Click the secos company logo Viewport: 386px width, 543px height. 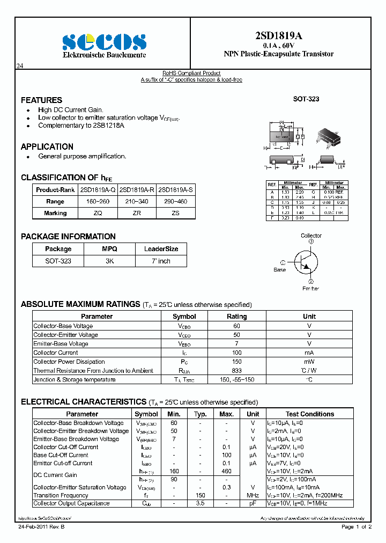point(104,41)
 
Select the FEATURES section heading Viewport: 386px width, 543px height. point(41,100)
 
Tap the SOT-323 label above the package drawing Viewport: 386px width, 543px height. point(306,99)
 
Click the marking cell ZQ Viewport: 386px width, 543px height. point(98,213)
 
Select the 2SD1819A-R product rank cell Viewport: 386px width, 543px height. point(137,189)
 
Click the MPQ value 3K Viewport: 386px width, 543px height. point(109,261)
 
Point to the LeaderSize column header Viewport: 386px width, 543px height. point(161,249)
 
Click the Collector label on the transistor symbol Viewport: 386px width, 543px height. point(311,236)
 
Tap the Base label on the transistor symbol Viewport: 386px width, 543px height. point(280,270)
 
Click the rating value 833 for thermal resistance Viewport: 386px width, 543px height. point(236,371)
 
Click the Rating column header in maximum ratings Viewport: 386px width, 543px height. point(236,317)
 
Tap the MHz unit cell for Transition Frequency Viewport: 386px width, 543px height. point(253,495)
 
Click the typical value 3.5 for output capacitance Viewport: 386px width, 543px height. point(200,504)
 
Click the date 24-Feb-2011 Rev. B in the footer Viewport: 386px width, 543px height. point(41,527)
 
